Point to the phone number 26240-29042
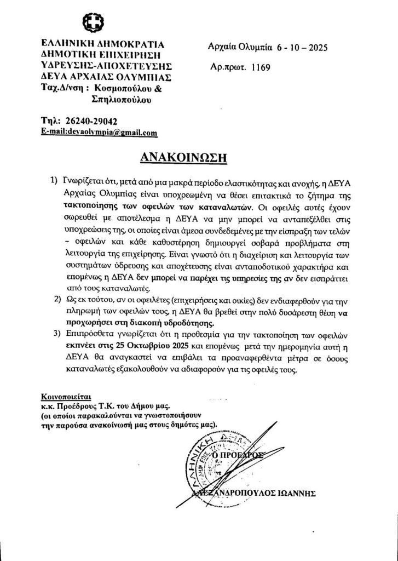coord(90,121)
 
